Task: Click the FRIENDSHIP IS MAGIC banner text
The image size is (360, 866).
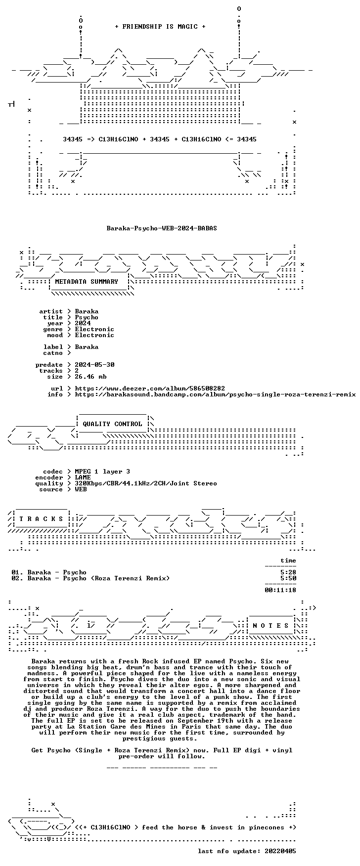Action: (x=160, y=27)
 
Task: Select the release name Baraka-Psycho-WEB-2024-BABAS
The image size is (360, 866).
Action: (x=162, y=228)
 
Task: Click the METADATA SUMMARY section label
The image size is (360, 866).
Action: (x=87, y=282)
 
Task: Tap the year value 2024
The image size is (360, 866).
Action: (x=83, y=323)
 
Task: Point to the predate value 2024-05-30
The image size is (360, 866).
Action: (x=94, y=365)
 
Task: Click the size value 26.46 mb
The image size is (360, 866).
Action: (x=90, y=377)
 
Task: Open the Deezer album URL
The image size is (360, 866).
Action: (x=150, y=389)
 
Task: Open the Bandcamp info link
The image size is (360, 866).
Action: (x=215, y=394)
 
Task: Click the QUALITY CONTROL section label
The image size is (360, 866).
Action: (x=112, y=424)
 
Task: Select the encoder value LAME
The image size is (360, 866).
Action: (x=83, y=477)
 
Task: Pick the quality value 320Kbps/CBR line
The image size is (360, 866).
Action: (x=146, y=483)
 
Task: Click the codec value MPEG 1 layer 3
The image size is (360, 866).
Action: (x=102, y=472)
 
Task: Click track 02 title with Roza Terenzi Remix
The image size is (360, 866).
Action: (x=98, y=578)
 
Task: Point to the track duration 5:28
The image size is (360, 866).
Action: (x=288, y=572)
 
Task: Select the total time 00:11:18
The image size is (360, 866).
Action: (x=280, y=590)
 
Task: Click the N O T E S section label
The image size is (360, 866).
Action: (x=270, y=626)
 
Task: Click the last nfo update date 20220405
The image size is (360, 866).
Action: (x=280, y=851)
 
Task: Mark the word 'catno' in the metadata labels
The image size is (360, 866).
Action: (x=53, y=353)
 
